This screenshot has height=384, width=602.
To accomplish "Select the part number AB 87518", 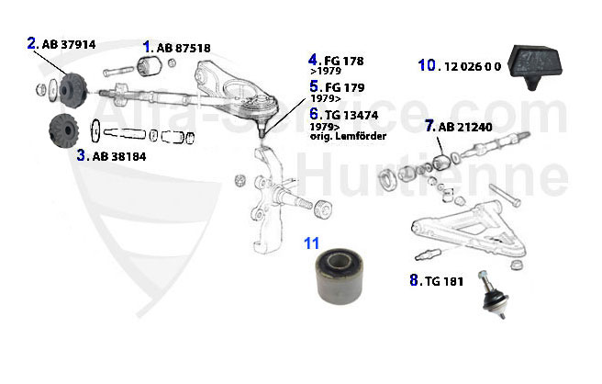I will pyautogui.click(x=183, y=47).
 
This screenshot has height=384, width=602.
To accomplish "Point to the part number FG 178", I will pyautogui.click(x=343, y=61).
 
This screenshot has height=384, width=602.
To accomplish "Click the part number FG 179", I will pyautogui.click(x=343, y=86).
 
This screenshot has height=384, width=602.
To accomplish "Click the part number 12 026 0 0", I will pyautogui.click(x=473, y=66).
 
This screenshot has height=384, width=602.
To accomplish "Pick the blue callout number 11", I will pyautogui.click(x=313, y=243).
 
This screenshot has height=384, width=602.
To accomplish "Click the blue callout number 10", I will pyautogui.click(x=428, y=65).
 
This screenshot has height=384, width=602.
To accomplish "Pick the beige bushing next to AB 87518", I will pyautogui.click(x=150, y=66).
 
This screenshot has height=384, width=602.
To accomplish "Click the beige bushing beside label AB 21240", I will pyautogui.click(x=443, y=162).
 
